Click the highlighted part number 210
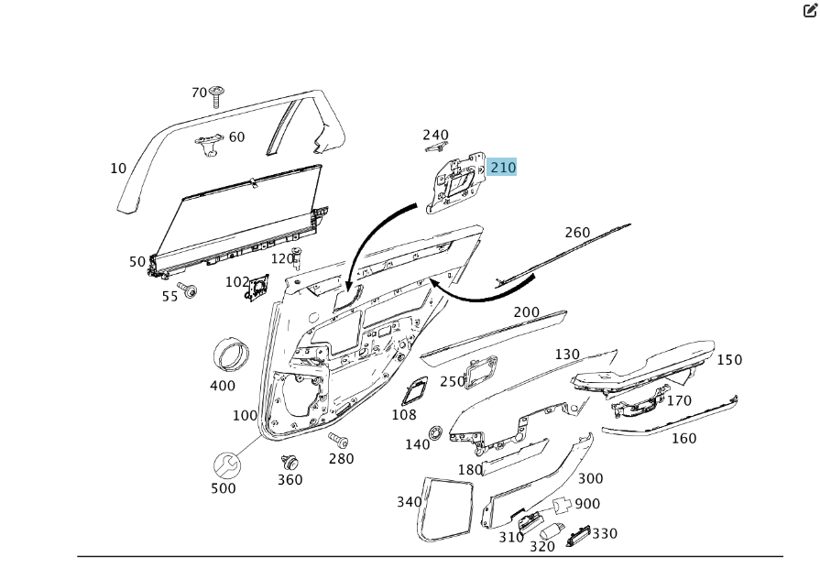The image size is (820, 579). pyautogui.click(x=503, y=168)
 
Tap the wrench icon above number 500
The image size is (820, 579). pyautogui.click(x=227, y=464)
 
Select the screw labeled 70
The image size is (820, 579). pyautogui.click(x=216, y=96)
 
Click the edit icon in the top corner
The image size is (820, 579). pyautogui.click(x=810, y=10)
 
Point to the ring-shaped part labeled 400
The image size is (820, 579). pyautogui.click(x=231, y=355)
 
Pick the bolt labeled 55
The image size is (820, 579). pyautogui.click(x=187, y=289)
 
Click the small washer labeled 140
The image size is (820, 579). pyautogui.click(x=435, y=433)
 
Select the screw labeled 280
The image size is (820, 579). pyautogui.click(x=339, y=441)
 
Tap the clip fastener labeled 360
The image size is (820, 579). pyautogui.click(x=290, y=463)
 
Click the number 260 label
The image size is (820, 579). pyautogui.click(x=577, y=232)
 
